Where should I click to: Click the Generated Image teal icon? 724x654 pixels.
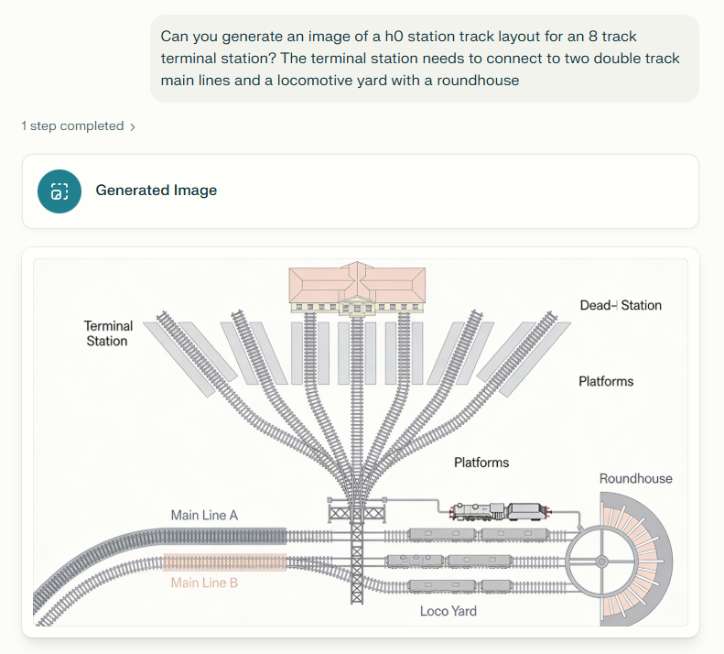pos(59,191)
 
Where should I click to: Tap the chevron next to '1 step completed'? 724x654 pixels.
pos(133,127)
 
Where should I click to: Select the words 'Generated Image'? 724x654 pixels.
pos(156,191)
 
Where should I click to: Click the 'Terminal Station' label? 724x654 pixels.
pos(108,333)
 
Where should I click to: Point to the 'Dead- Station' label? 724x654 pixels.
pos(621,305)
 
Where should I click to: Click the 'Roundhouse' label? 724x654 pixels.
pos(635,478)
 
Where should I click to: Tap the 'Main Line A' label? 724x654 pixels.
pos(204,516)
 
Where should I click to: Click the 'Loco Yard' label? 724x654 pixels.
pos(448,610)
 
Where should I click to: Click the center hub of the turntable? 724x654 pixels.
pos(602,560)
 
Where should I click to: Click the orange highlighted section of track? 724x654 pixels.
pos(225,562)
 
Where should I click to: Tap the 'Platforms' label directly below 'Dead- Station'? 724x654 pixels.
pos(606,381)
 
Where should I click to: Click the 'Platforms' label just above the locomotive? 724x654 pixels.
pos(481,463)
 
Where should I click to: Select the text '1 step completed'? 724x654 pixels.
pos(72,126)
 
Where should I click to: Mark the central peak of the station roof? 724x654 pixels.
pos(357,267)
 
